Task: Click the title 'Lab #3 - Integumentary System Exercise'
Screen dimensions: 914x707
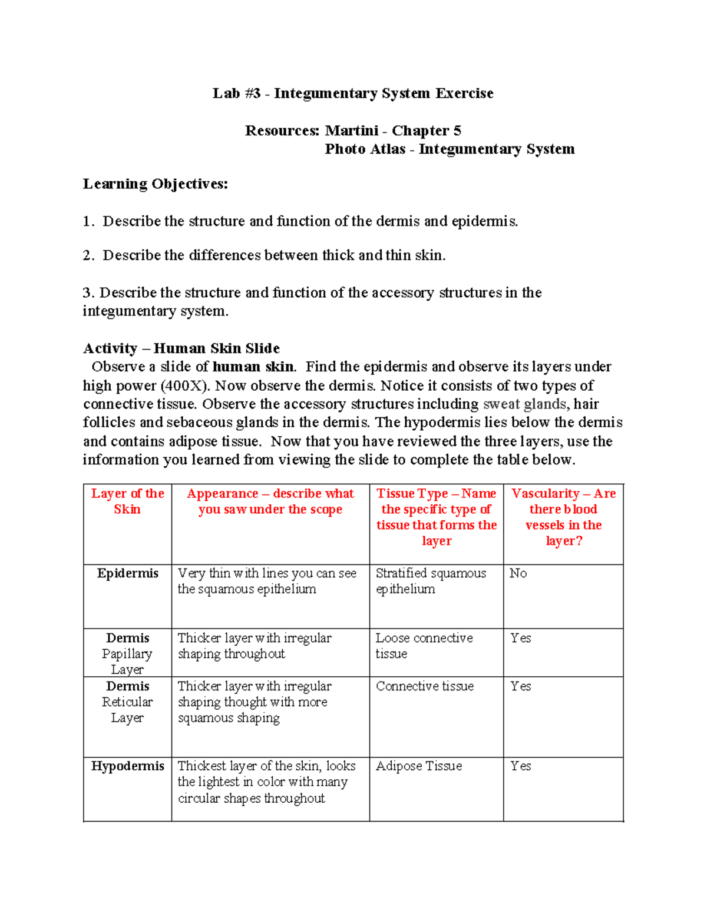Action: pyautogui.click(x=353, y=94)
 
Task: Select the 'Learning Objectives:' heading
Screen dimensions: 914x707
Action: pyautogui.click(x=155, y=184)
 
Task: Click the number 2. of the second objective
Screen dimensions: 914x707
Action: pyautogui.click(x=88, y=255)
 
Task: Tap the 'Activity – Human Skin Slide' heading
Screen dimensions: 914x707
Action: pyautogui.click(x=181, y=348)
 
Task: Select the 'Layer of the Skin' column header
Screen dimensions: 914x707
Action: pyautogui.click(x=127, y=501)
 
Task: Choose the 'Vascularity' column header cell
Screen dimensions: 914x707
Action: pyautogui.click(x=563, y=517)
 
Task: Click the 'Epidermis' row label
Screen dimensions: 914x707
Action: pyautogui.click(x=127, y=573)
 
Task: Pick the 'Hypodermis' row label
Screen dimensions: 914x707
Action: pyautogui.click(x=127, y=766)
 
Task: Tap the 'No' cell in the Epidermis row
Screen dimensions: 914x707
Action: pyautogui.click(x=518, y=573)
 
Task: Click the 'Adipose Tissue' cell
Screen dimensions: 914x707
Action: pyautogui.click(x=419, y=766)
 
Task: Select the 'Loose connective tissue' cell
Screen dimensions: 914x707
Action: pyautogui.click(x=424, y=646)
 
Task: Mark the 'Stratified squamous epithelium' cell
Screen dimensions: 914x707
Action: pyautogui.click(x=431, y=581)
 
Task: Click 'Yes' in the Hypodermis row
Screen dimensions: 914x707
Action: pyautogui.click(x=520, y=766)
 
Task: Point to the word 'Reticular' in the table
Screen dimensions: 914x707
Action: pyautogui.click(x=127, y=702)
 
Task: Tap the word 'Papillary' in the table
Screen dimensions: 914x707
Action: pyautogui.click(x=127, y=654)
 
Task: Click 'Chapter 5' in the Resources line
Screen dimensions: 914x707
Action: pyautogui.click(x=427, y=131)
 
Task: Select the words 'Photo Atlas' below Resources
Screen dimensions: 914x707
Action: pyautogui.click(x=365, y=149)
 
